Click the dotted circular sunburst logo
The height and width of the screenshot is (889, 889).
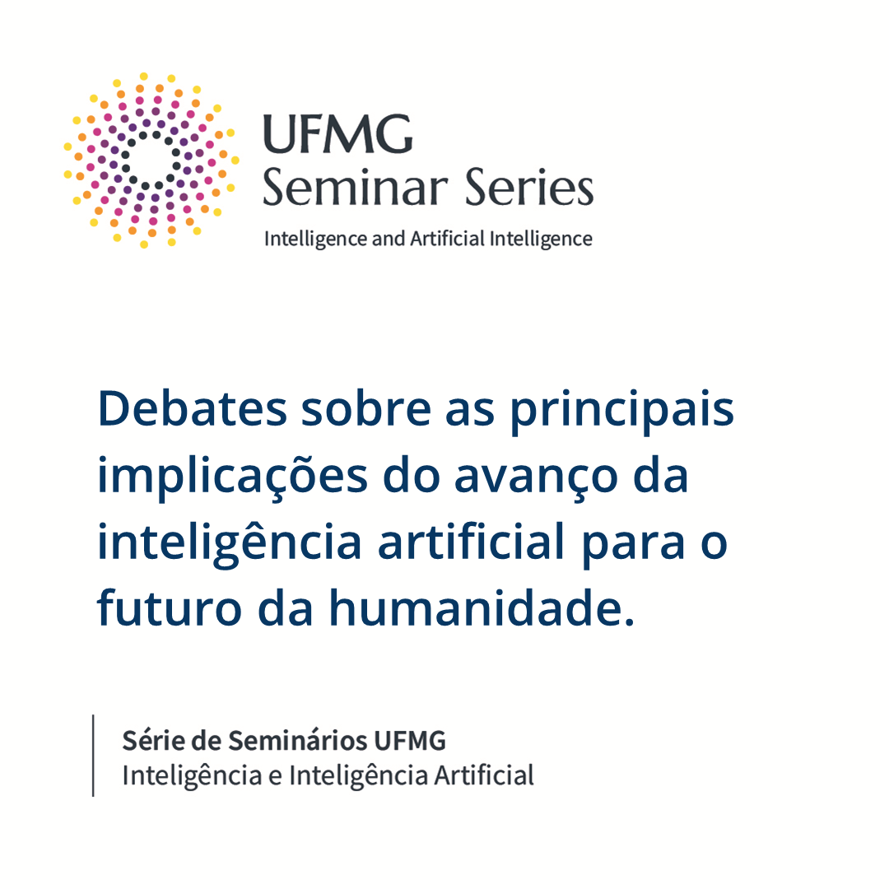[x=151, y=161]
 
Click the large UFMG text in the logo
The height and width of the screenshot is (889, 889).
[x=338, y=134]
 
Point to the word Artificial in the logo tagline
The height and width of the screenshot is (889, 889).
[x=448, y=239]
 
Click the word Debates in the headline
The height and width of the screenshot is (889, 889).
[x=193, y=409]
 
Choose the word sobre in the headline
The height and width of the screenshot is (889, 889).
[x=366, y=409]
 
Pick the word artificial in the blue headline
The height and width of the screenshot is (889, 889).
[x=471, y=541]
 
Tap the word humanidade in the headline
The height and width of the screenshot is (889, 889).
[x=482, y=607]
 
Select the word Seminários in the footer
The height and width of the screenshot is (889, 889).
[x=298, y=741]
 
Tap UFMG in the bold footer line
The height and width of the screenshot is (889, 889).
[x=410, y=741]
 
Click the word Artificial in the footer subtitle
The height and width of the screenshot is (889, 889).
[x=484, y=775]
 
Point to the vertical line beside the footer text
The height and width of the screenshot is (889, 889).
[x=93, y=756]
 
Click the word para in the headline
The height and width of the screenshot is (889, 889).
[x=634, y=546]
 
